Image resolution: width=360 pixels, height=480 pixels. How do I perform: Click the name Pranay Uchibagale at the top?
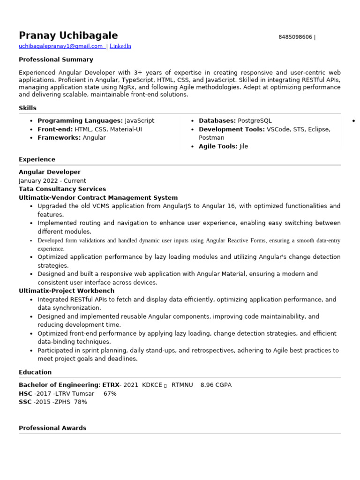tap(68, 36)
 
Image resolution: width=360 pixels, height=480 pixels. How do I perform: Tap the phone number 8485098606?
tap(295, 37)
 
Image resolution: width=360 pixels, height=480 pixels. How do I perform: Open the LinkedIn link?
tap(120, 46)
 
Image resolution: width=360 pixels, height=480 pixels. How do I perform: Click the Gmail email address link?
tap(61, 46)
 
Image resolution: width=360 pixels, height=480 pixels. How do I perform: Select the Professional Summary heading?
tap(56, 60)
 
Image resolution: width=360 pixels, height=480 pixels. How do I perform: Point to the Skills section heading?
tap(28, 108)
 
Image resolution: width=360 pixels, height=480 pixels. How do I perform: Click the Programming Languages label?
tap(80, 120)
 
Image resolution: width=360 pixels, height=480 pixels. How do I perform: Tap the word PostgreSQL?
tap(255, 120)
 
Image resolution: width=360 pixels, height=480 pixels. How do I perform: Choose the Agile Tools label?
tap(218, 146)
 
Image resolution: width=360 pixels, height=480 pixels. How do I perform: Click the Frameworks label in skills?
tap(59, 137)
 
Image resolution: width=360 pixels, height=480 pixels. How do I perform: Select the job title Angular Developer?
tap(50, 172)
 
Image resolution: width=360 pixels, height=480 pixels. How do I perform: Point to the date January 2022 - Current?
tap(52, 180)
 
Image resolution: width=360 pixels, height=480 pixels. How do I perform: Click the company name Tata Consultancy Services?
tap(62, 189)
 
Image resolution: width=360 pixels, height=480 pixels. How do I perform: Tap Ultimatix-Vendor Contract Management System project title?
tap(98, 198)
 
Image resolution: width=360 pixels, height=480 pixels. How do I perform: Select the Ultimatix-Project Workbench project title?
tap(67, 291)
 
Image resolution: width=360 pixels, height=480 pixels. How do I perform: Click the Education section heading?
tap(35, 372)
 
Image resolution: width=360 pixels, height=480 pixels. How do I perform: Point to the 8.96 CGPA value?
tap(216, 385)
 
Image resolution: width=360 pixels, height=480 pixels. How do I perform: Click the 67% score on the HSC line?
tap(110, 393)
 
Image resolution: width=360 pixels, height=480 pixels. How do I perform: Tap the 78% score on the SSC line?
tap(80, 402)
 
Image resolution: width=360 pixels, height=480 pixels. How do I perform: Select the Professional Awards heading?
tap(52, 428)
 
